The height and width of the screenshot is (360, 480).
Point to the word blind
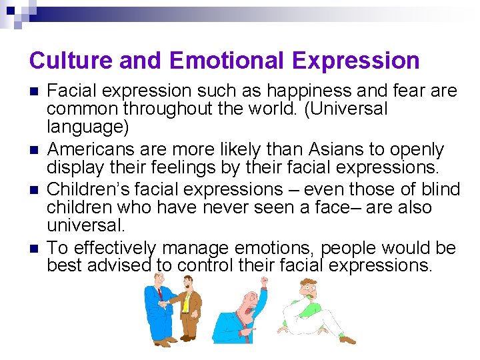coord(437,189)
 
